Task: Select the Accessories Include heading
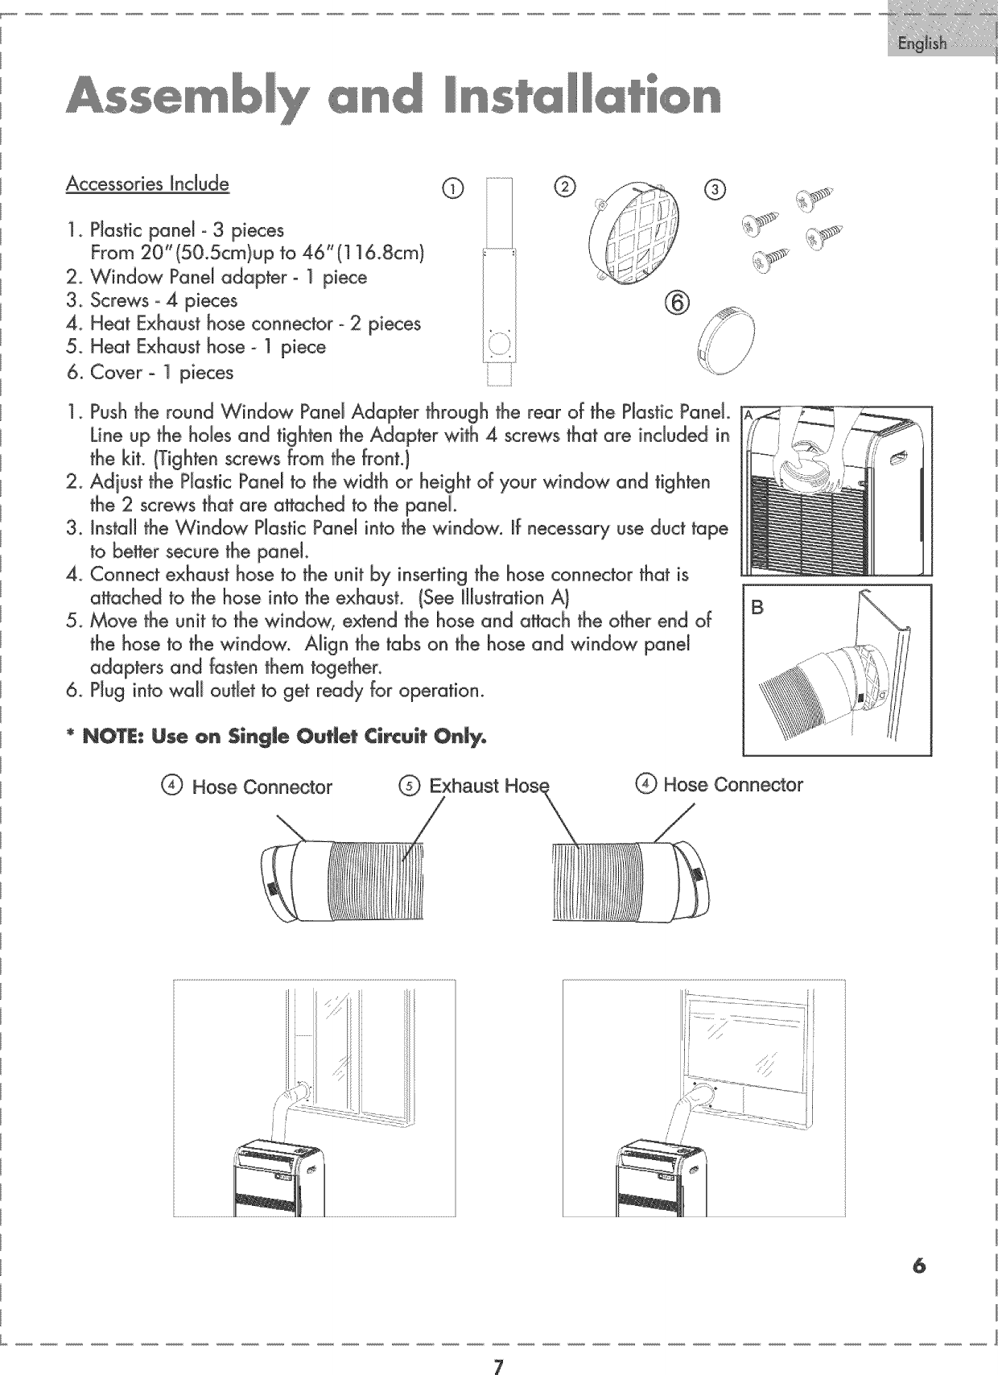[147, 184]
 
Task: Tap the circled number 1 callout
[456, 189]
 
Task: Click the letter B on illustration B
[757, 609]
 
